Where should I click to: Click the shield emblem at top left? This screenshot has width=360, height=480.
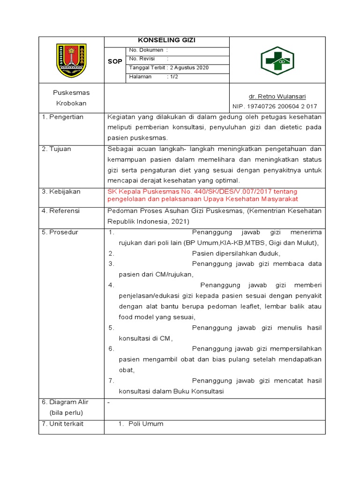coord(71,60)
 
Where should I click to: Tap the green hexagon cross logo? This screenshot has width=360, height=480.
coord(277,60)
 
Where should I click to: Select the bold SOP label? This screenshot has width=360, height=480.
coord(115,61)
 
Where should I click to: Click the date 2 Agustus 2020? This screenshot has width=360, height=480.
coord(189,67)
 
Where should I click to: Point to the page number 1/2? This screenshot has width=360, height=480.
coord(174,76)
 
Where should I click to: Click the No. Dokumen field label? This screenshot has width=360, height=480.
coord(146,50)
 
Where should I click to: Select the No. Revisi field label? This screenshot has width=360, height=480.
coord(142,59)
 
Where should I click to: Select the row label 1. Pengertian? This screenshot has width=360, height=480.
coord(62,117)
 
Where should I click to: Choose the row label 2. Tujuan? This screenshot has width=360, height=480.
coord(56,149)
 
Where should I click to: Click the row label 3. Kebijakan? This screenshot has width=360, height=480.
coord(61,192)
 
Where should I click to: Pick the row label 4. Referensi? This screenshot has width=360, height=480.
coord(61,211)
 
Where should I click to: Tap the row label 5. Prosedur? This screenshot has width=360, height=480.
coord(60,232)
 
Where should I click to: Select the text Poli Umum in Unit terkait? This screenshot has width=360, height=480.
coord(146,424)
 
